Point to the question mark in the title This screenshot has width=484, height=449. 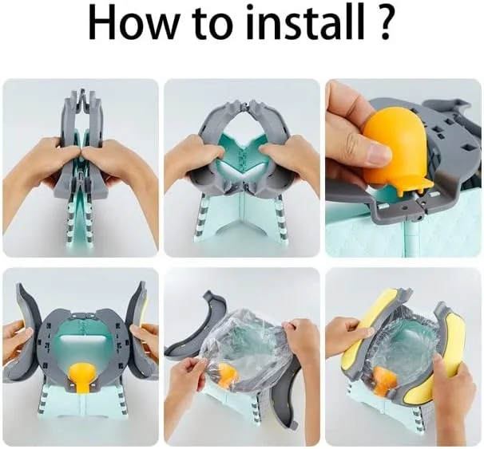click(383, 25)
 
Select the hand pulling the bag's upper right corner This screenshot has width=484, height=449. click(300, 334)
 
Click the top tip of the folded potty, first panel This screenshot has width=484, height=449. click(82, 92)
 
